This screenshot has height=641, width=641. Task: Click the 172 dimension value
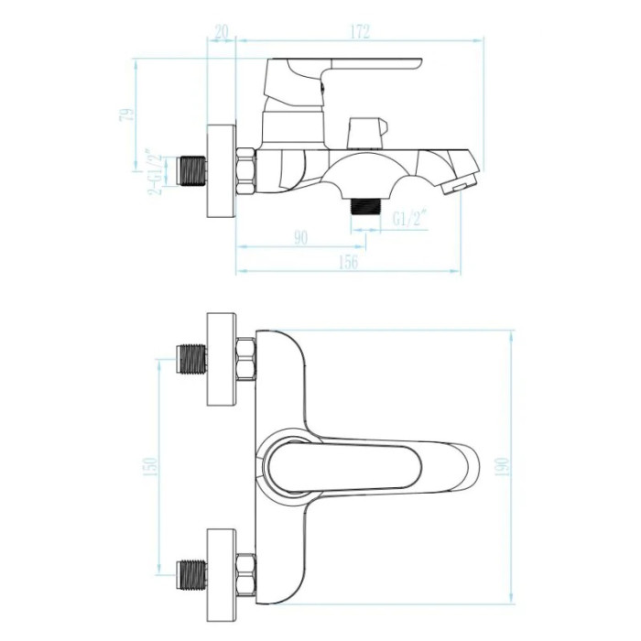(x=360, y=31)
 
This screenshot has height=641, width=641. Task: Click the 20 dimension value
(x=222, y=31)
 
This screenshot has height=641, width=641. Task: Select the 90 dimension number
(x=300, y=238)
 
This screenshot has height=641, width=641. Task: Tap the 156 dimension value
(x=348, y=262)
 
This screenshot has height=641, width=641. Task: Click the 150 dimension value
(x=151, y=466)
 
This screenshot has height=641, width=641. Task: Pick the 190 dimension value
(x=503, y=466)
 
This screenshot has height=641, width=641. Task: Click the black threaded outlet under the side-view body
(x=365, y=206)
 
